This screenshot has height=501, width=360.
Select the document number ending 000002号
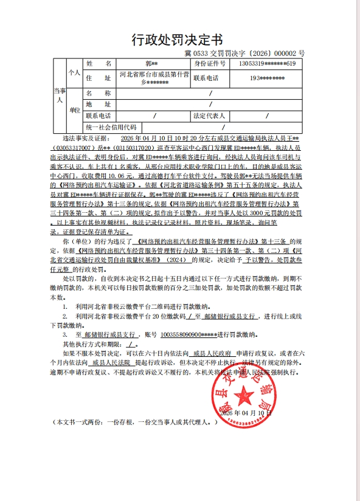tap(253, 54)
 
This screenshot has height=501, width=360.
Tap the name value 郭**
tap(151, 63)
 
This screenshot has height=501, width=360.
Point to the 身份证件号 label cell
tap(209, 63)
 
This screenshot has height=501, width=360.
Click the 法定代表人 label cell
tap(209, 116)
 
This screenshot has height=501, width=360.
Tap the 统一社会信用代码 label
tap(111, 126)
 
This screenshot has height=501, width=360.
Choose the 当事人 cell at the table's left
tap(59, 95)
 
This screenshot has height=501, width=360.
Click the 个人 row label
tap(74, 72)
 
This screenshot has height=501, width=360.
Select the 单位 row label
tap(74, 110)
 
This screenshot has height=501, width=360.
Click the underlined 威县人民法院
tap(116, 361)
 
